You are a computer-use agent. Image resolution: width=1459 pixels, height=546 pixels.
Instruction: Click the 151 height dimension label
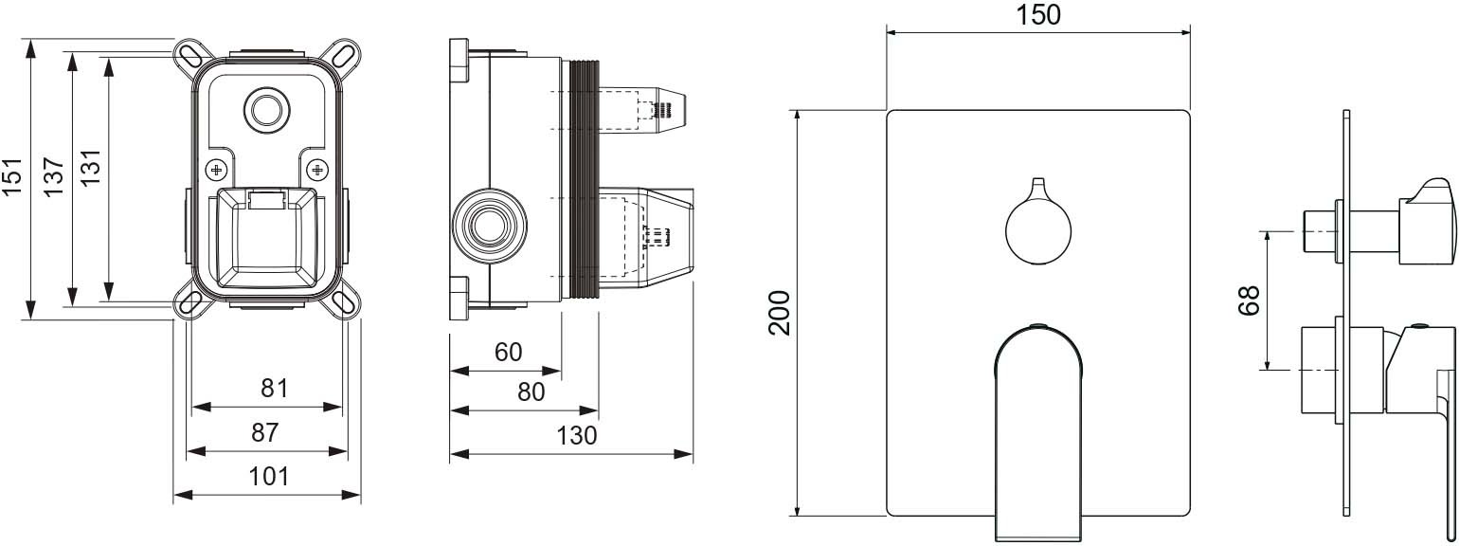(12, 176)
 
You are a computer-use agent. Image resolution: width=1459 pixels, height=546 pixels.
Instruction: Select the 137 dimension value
(53, 176)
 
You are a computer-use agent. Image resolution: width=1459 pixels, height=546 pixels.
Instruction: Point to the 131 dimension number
(91, 167)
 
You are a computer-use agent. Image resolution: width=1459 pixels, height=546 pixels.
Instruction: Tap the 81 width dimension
(274, 389)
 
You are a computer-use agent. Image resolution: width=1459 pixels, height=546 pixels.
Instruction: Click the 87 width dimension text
(265, 432)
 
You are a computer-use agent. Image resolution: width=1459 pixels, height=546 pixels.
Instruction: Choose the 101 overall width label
(269, 477)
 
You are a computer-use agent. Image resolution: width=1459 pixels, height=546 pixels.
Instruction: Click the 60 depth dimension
(508, 353)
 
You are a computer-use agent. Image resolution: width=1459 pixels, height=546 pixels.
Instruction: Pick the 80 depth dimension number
(531, 392)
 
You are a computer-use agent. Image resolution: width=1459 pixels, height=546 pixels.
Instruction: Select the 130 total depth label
(576, 435)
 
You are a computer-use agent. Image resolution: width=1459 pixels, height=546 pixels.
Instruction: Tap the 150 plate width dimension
(1039, 15)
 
